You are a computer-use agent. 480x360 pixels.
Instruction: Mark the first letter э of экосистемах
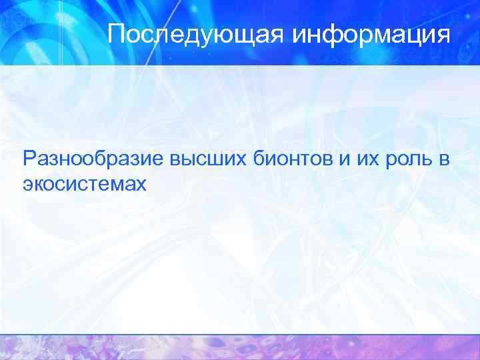(x=27, y=184)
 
